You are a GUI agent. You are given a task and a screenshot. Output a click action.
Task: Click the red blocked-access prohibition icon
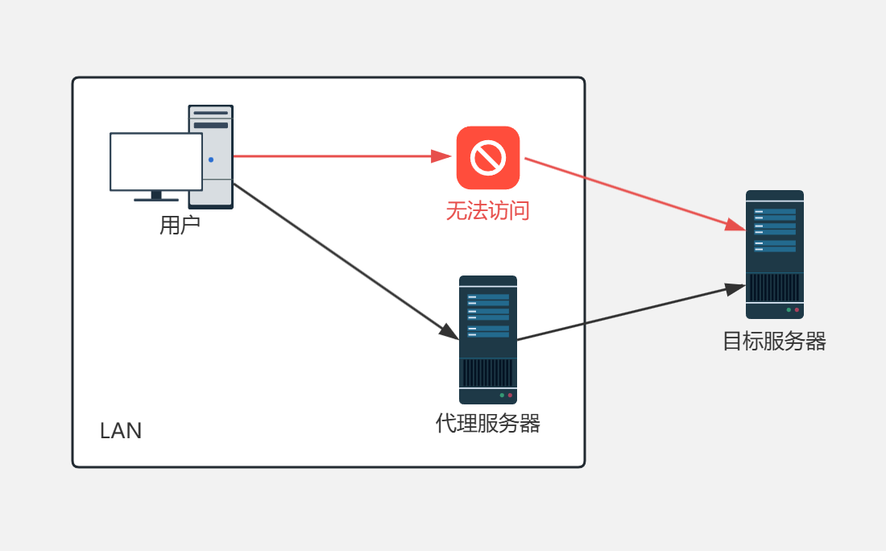[488, 157]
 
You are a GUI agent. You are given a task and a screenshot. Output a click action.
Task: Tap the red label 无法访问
[488, 211]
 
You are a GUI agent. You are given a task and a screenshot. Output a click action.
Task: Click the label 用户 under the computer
[180, 225]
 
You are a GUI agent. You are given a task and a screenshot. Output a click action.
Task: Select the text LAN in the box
[121, 431]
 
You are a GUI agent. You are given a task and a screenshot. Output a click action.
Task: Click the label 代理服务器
[488, 423]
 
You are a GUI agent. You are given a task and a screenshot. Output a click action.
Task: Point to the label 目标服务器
[774, 342]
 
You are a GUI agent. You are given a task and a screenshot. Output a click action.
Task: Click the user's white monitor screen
[155, 162]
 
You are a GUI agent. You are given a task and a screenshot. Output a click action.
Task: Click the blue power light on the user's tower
[211, 159]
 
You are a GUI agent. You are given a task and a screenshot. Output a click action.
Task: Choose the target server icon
[775, 242]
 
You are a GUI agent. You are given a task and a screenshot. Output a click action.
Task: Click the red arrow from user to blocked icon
[338, 156]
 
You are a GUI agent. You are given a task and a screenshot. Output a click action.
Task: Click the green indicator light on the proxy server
[502, 396]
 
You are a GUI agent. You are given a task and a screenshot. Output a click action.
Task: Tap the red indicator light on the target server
[797, 309]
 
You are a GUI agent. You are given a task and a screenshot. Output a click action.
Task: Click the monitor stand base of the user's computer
[156, 198]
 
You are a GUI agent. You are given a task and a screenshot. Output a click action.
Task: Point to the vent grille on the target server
[775, 287]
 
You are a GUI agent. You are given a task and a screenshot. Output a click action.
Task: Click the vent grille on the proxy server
[488, 372]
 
